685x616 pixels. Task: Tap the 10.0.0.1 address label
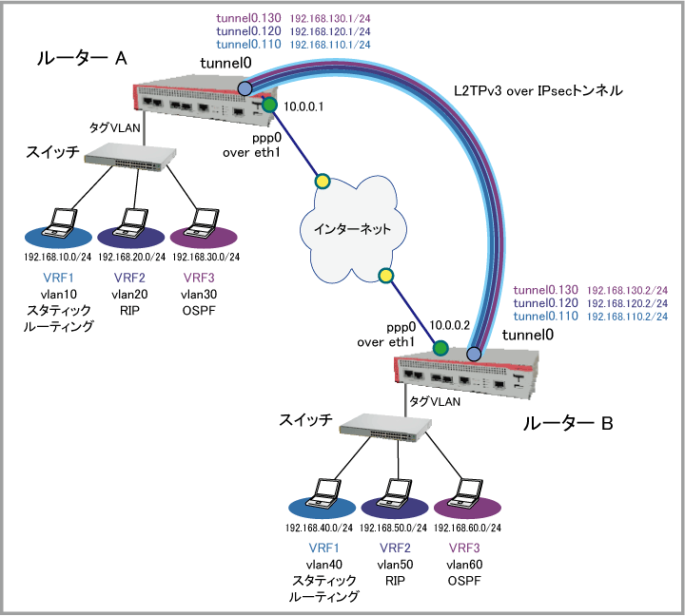point(304,107)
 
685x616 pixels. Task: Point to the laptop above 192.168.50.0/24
point(395,493)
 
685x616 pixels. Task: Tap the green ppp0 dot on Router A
point(270,105)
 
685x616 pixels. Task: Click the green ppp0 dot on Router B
point(440,349)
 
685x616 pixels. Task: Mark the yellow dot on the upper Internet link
point(323,181)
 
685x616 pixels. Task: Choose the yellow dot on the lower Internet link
point(385,277)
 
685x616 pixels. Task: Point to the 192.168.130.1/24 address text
point(331,18)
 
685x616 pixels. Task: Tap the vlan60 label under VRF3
point(465,565)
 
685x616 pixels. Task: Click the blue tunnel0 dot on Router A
point(245,88)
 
